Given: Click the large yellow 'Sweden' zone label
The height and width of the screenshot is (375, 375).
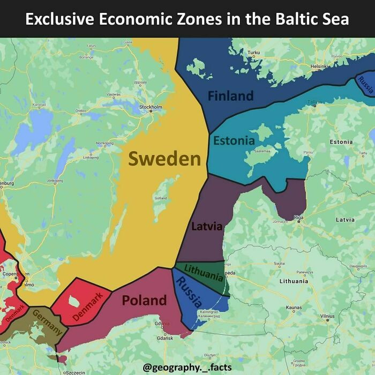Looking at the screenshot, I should click(164, 159).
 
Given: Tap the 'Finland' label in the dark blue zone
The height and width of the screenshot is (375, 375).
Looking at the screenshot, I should click(230, 96).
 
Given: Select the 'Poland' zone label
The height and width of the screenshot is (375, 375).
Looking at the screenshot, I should click(144, 300).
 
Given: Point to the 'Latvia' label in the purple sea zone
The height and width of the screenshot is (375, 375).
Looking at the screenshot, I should click(207, 226).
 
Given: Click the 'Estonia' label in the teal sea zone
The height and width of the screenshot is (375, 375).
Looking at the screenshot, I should click(234, 140).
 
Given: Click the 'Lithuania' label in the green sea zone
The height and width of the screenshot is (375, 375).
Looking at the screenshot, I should click(203, 273).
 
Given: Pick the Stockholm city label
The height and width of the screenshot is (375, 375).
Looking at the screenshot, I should click(150, 107).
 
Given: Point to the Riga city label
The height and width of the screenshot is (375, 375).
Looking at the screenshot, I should click(299, 217).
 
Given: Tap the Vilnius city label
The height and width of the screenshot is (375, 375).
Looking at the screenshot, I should click(327, 317).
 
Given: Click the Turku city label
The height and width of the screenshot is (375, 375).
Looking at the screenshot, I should click(254, 52).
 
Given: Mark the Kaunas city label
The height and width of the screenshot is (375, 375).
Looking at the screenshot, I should click(294, 307).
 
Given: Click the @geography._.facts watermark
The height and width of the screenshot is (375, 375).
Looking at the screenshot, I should click(187, 367).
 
